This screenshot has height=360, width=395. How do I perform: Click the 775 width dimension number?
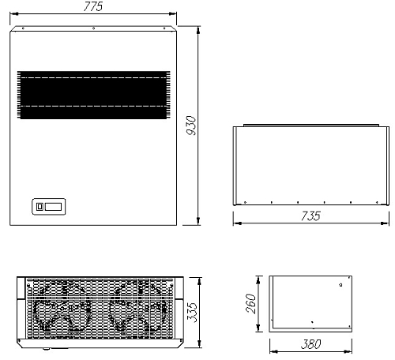click(x=92, y=6)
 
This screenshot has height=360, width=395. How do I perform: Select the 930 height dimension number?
click(x=191, y=126)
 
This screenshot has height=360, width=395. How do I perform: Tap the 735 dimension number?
click(x=310, y=216)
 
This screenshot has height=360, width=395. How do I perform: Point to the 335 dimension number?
click(x=192, y=313)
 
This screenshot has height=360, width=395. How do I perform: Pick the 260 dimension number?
click(x=250, y=304)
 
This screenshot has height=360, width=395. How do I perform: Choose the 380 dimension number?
click(x=311, y=344)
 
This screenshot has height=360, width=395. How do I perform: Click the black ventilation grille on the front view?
click(x=93, y=95)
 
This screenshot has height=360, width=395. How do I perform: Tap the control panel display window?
click(x=53, y=207)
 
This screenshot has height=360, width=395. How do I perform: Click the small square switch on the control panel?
click(x=39, y=207)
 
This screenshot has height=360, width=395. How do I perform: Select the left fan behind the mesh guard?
click(x=62, y=306)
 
